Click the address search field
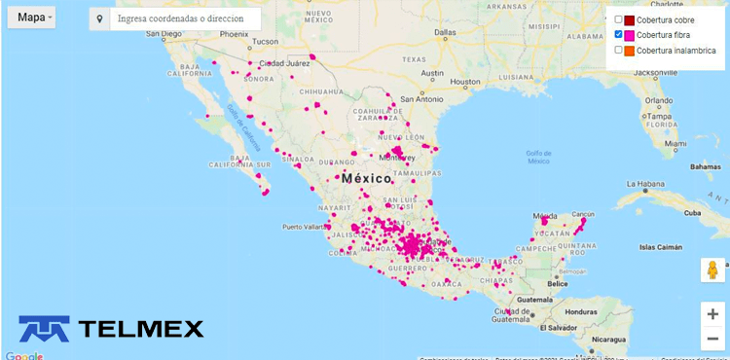coord(185,19)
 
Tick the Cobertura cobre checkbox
coord(618,20)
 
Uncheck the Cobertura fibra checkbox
coord(618,35)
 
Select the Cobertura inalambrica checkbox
coord(618,50)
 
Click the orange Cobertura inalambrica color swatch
coord(630,50)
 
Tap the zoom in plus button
coord(713,314)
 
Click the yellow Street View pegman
coord(713,270)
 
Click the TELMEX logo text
coord(140,329)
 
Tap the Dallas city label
coord(445,32)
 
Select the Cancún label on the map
coord(583,213)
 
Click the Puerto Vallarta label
coord(306,228)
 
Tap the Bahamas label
coord(689,166)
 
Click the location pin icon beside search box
coord(98,19)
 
